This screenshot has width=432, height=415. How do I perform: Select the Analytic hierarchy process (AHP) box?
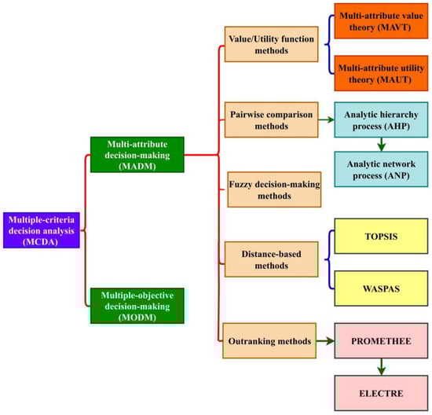pos(379,123)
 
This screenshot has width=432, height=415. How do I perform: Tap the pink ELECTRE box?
pos(379,392)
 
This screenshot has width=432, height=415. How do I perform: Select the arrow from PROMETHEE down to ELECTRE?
pos(379,365)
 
